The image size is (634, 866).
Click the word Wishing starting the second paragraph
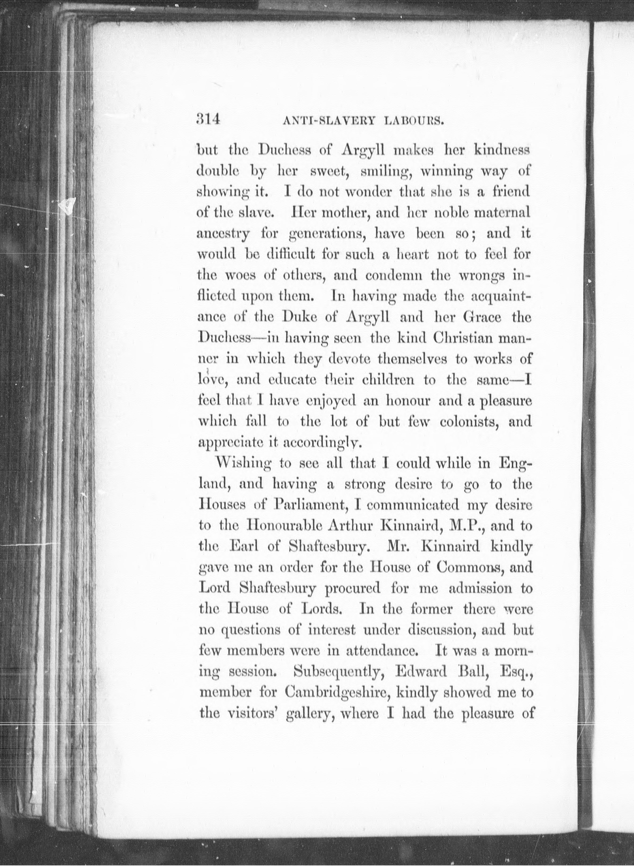(245, 464)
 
